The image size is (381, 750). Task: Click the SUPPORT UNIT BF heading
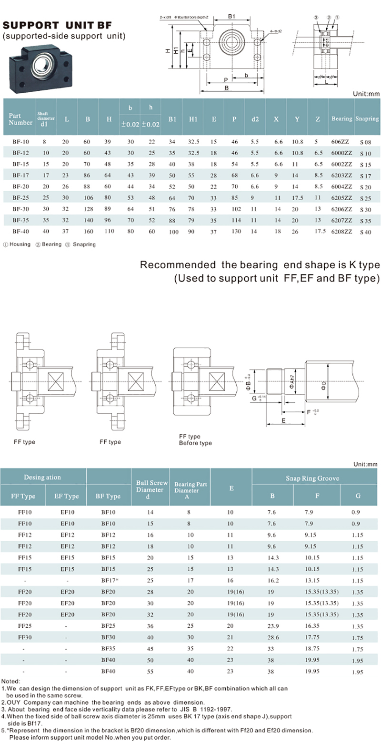tap(57, 25)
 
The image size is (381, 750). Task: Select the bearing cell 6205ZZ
tap(341, 198)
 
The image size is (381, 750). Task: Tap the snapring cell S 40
tap(365, 232)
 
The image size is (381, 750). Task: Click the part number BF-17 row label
tap(20, 175)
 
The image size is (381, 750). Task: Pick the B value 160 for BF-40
tap(88, 232)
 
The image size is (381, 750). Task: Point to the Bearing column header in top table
tap(341, 118)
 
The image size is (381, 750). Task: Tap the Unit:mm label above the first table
tap(366, 94)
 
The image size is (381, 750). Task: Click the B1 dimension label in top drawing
tap(231, 17)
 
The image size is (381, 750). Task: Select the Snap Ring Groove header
tap(312, 478)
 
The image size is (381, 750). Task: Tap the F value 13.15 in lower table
tap(312, 581)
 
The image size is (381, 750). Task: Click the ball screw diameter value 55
tap(150, 672)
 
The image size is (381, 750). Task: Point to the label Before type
tap(195, 443)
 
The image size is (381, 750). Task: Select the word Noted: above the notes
tap(11, 682)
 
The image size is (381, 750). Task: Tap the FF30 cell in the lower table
tap(25, 637)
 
